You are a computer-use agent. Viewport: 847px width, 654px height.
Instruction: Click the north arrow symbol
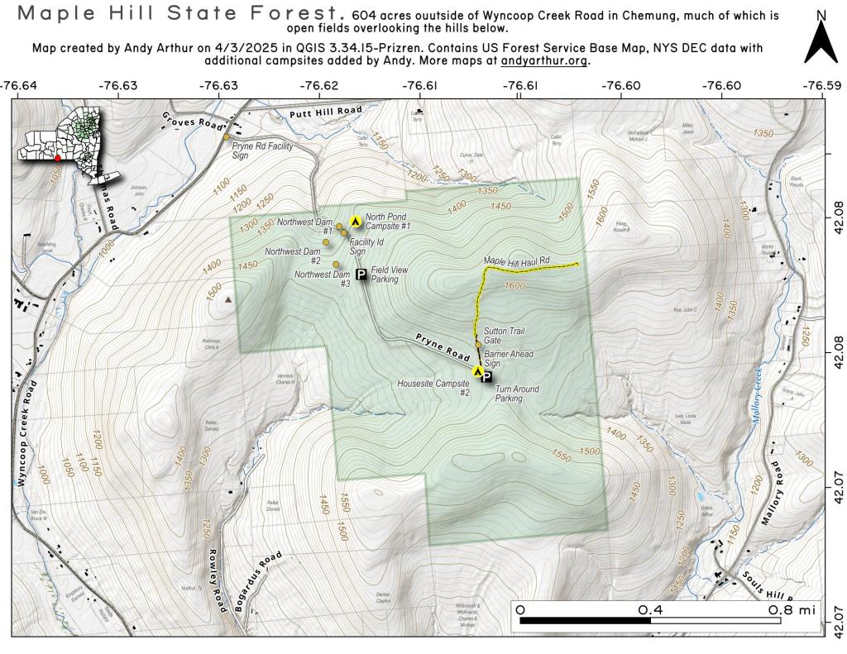(x=821, y=41)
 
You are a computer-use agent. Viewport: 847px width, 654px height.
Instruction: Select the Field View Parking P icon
(x=361, y=274)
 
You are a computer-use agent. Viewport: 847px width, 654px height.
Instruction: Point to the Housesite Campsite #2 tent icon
(x=478, y=371)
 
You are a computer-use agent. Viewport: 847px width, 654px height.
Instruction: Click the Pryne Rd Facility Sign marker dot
(x=227, y=137)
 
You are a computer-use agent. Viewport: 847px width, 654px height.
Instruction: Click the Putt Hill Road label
(x=326, y=111)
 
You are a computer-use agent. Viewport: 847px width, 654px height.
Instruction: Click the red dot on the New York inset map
(x=58, y=157)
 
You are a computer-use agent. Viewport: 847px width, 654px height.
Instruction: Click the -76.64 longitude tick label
(x=18, y=85)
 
